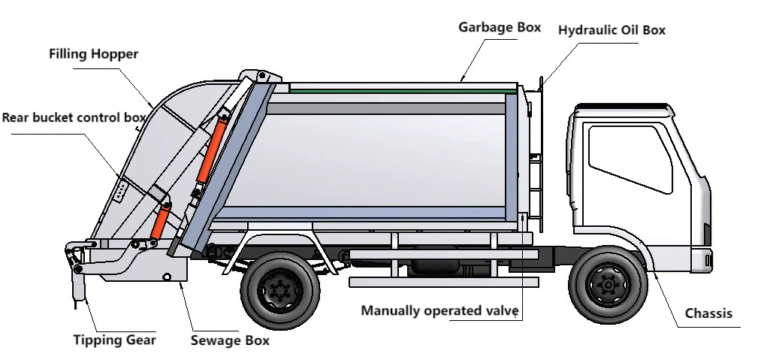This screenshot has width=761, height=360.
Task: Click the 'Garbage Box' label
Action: (500, 28)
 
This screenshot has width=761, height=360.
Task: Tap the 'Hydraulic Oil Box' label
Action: (612, 31)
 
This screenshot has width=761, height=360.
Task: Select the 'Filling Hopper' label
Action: (94, 55)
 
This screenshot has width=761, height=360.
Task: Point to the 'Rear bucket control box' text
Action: (73, 118)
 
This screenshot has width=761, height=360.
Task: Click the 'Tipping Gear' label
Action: (114, 340)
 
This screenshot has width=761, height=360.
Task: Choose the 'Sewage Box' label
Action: (229, 340)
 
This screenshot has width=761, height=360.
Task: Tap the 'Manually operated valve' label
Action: (439, 310)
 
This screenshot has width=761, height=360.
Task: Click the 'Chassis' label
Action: (708, 313)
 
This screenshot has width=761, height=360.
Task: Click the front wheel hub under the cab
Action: (607, 285)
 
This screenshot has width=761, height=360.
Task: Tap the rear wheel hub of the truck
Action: (279, 289)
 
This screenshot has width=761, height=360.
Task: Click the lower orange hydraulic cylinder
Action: (161, 221)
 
